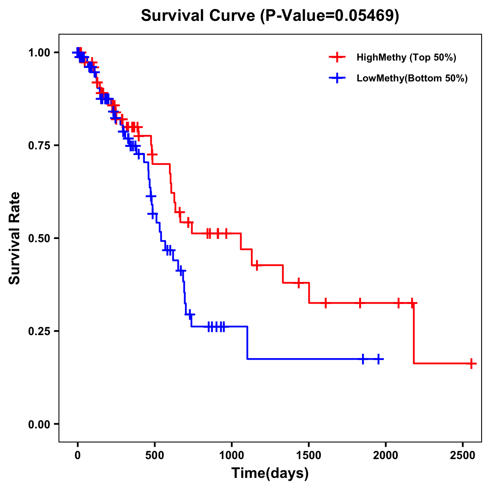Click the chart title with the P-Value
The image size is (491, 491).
pyautogui.click(x=270, y=16)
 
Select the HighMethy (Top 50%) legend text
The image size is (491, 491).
pyautogui.click(x=406, y=57)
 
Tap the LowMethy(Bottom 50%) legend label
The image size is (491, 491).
pyautogui.click(x=412, y=78)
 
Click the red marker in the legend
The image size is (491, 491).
pyautogui.click(x=337, y=57)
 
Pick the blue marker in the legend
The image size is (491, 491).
pyautogui.click(x=337, y=78)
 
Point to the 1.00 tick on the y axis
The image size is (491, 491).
pyautogui.click(x=39, y=53)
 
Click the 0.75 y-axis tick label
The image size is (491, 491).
pyautogui.click(x=39, y=146)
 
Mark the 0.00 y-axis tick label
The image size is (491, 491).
pyautogui.click(x=39, y=424)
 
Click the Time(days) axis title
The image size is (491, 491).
pyautogui.click(x=270, y=473)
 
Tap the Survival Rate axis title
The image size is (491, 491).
pyautogui.click(x=15, y=238)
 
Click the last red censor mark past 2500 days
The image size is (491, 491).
pyautogui.click(x=471, y=363)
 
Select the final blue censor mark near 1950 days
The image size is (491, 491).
pyautogui.click(x=378, y=359)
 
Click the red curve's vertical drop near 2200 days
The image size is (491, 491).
pyautogui.click(x=414, y=333)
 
